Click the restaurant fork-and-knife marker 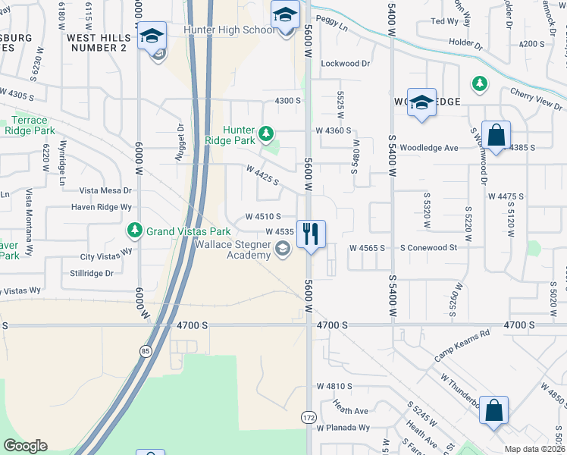(310, 233)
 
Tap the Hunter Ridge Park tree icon (265, 135)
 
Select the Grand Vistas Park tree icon (134, 229)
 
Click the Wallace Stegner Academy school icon (283, 249)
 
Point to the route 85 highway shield (144, 351)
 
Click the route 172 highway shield (309, 418)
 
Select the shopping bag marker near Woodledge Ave (496, 137)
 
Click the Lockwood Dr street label (345, 64)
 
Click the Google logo (25, 446)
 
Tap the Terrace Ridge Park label (30, 125)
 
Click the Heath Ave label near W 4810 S (349, 411)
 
